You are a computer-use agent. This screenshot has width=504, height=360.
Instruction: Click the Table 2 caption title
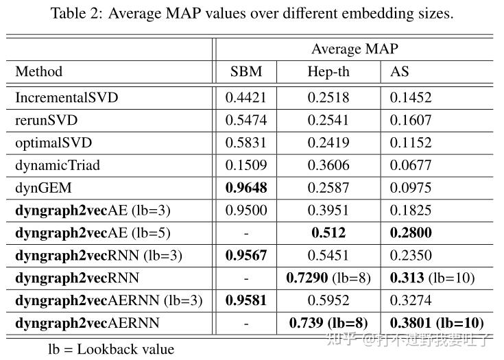[252, 13]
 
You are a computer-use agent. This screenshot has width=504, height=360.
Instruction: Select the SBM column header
[245, 71]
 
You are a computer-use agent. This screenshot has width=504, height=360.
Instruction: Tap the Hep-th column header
[328, 71]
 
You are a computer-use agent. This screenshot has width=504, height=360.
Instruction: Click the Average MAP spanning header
[355, 49]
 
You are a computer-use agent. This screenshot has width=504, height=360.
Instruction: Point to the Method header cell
[39, 71]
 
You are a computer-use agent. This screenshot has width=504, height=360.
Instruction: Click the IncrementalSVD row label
[67, 97]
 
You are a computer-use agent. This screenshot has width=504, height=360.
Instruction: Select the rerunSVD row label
[47, 120]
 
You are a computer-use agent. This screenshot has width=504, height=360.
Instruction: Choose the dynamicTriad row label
[58, 165]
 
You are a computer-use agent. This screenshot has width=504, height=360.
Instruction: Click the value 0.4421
[245, 97]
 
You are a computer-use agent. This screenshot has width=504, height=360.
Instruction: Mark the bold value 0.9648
[245, 188]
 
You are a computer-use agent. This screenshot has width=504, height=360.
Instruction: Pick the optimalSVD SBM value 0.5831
[245, 143]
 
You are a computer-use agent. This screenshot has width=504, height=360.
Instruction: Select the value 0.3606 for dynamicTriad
[328, 165]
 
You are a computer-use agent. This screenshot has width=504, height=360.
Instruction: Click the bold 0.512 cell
[328, 233]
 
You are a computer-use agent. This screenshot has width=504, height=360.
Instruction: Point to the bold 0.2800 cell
[411, 233]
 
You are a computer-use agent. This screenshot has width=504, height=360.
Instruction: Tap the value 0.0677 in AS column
[411, 165]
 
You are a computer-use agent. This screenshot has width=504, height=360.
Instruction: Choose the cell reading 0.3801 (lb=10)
[437, 323]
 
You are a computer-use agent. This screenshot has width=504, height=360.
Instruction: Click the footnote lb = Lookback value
[111, 348]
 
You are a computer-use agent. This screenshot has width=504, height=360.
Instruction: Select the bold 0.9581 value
[245, 300]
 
